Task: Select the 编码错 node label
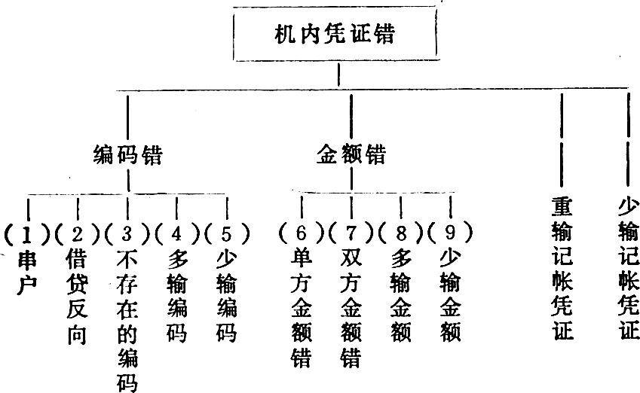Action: [x=128, y=155]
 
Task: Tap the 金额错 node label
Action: [x=351, y=154]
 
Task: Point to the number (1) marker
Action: [x=27, y=233]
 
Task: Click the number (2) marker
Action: [x=77, y=233]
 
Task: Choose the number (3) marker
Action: [x=127, y=233]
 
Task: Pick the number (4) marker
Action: [x=176, y=233]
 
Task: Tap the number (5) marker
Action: [x=227, y=233]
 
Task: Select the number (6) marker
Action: [x=302, y=233]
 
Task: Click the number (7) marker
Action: [x=351, y=233]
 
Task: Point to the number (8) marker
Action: [x=401, y=233]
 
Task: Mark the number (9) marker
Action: [x=450, y=233]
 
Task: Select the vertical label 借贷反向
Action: [x=77, y=297]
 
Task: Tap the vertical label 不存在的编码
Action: [x=127, y=321]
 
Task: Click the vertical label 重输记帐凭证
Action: [x=562, y=269]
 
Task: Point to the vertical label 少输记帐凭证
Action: [x=629, y=269]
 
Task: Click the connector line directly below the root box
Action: [x=338, y=75]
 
